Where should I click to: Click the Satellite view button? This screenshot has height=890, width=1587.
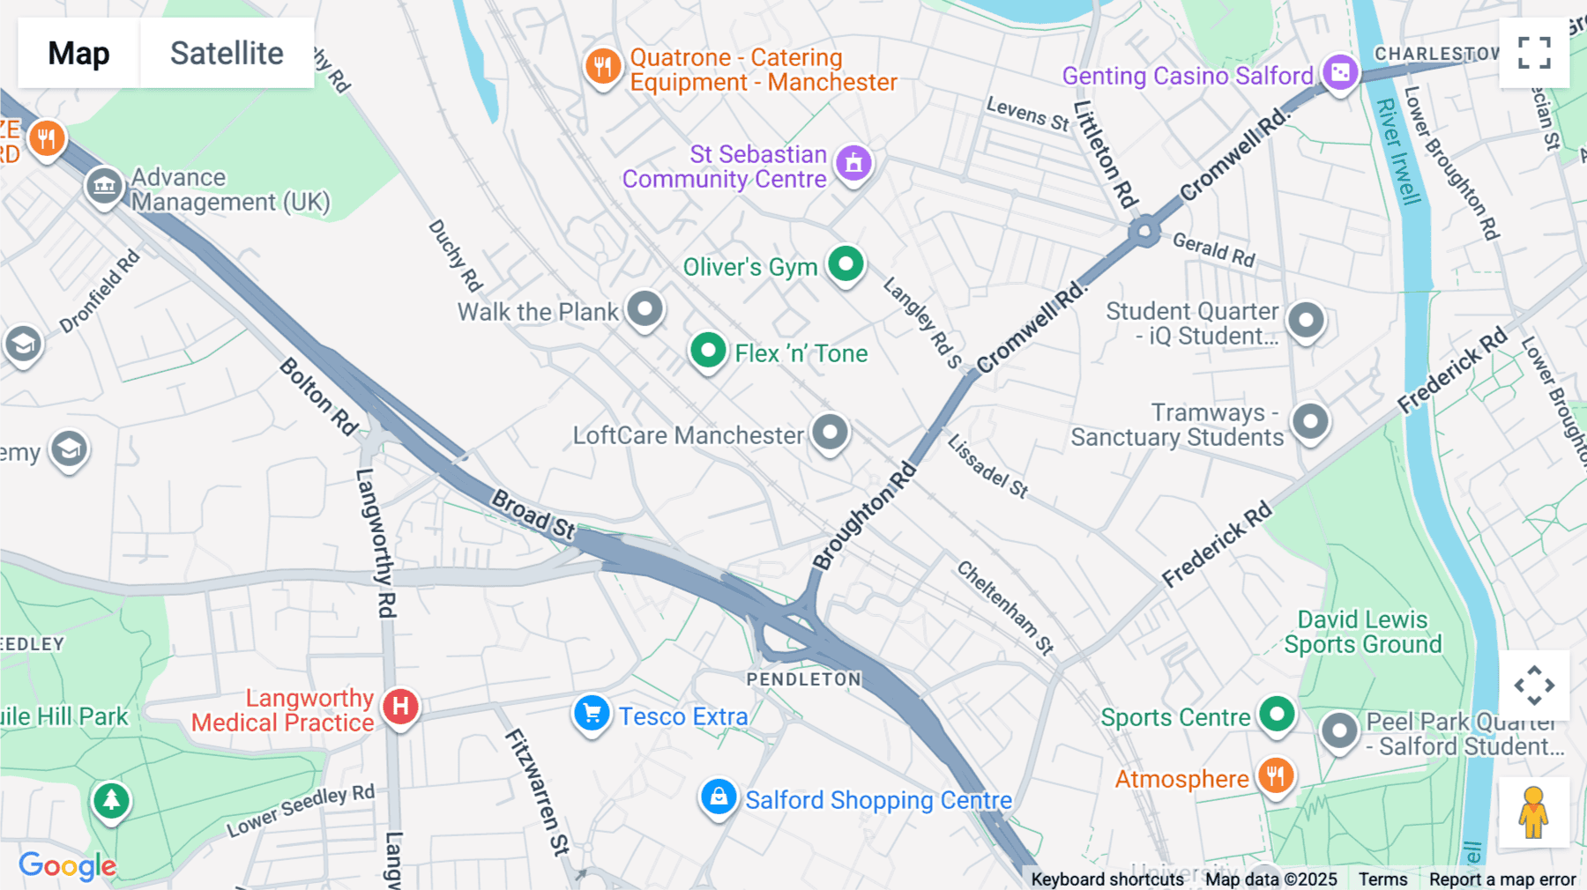point(227,53)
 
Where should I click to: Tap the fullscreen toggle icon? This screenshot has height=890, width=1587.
point(1534,53)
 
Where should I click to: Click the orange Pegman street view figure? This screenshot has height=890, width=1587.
point(1533,812)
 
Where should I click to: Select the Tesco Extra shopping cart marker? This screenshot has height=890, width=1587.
point(592,713)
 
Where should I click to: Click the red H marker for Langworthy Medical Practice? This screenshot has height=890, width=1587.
point(400,706)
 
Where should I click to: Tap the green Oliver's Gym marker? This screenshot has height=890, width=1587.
point(846,263)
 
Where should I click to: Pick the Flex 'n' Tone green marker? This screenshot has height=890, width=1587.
point(707,351)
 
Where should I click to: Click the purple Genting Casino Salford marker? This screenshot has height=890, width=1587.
point(1339,73)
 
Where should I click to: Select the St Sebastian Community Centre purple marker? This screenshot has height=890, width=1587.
point(853,163)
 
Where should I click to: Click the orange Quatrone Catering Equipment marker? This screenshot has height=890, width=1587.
point(603,66)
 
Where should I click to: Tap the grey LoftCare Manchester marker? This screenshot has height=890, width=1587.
point(830,432)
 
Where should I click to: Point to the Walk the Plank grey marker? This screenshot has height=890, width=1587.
point(644,308)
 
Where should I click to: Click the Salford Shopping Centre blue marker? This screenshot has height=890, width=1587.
point(719,797)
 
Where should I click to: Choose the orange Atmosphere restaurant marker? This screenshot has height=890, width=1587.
point(1275,776)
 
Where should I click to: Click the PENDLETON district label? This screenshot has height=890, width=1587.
point(803,679)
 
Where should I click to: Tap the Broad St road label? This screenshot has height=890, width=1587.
point(533,515)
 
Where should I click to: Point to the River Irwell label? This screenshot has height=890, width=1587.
point(1398,152)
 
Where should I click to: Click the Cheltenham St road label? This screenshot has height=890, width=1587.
point(1006,607)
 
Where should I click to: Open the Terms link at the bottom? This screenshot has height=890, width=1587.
point(1382,879)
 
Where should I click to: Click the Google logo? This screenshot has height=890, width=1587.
point(67,865)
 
